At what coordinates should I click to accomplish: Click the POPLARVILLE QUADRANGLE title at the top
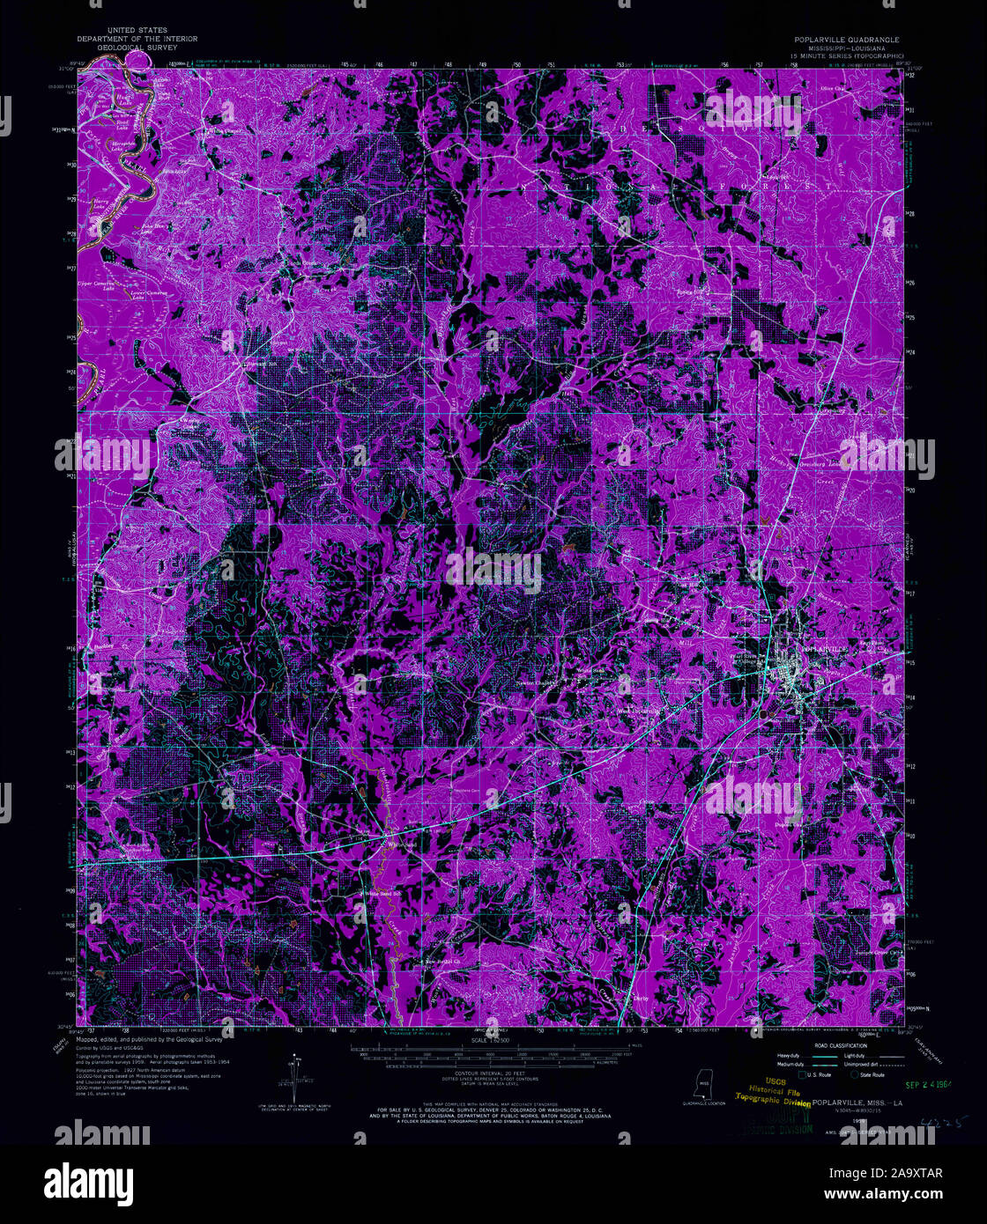[x=846, y=40]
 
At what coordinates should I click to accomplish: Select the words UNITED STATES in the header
[x=137, y=31]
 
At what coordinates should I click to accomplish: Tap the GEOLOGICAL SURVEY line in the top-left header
[x=137, y=48]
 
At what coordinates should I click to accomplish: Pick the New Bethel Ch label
[x=443, y=961]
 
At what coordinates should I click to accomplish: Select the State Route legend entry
[x=872, y=1075]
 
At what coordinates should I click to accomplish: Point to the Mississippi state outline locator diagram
[x=704, y=1084]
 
